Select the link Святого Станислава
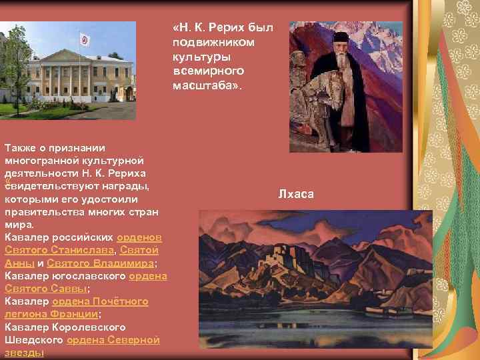point(59,250)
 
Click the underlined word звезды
point(24,352)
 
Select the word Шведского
point(33,339)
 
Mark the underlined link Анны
point(15,263)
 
